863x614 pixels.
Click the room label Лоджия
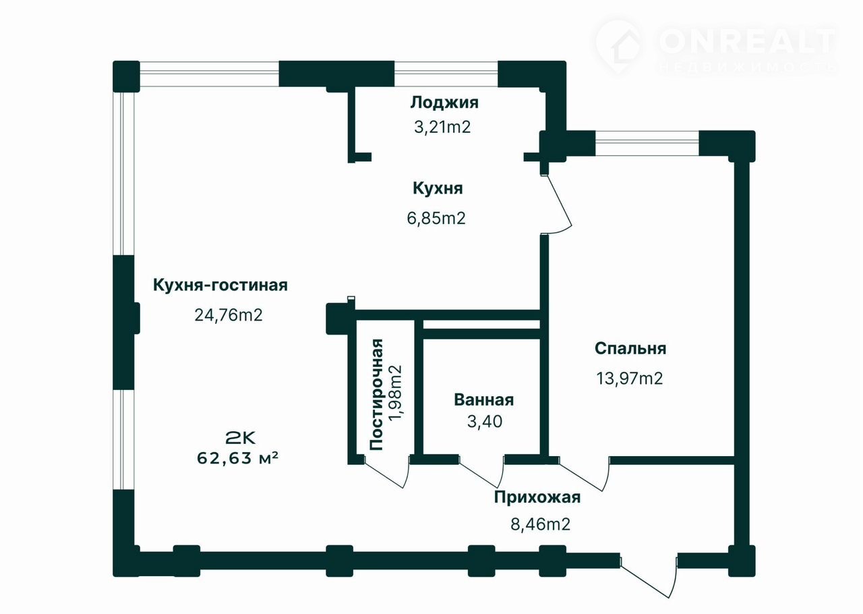[444, 103]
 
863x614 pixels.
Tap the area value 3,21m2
[442, 127]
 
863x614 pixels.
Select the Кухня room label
[438, 188]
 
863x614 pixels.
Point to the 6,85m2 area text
[436, 219]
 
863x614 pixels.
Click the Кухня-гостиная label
[220, 285]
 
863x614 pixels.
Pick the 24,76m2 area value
[229, 315]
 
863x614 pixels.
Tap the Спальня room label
[630, 348]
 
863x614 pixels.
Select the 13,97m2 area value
[630, 379]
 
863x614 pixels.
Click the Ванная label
[484, 400]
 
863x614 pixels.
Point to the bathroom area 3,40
[485, 422]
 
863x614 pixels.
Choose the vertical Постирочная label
[376, 394]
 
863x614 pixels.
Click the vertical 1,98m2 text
[395, 393]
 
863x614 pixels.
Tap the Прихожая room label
[537, 497]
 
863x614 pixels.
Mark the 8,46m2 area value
[540, 524]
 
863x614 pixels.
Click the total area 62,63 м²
[237, 458]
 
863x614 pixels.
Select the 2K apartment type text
[240, 438]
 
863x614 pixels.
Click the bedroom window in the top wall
[647, 143]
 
